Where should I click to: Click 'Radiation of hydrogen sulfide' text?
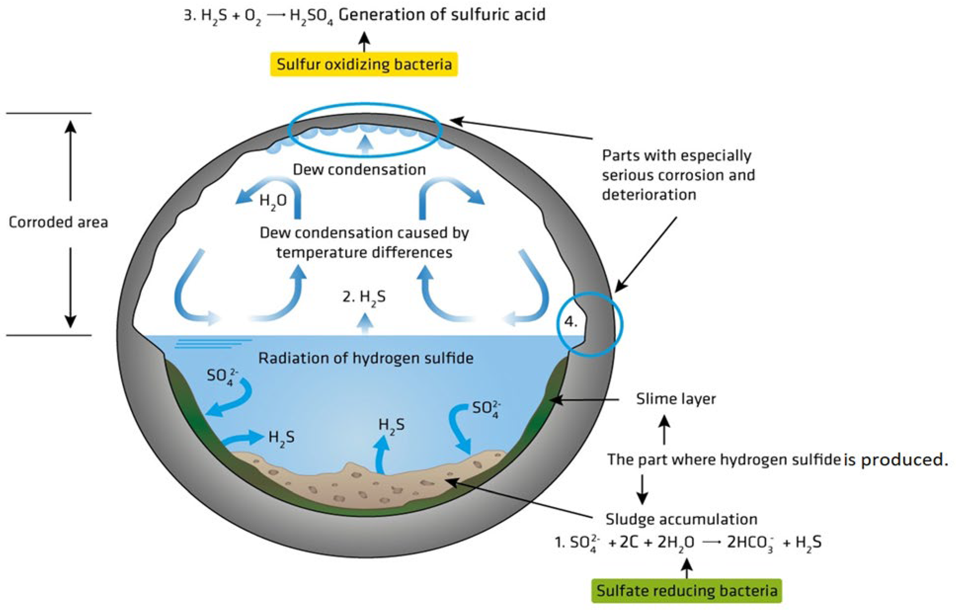pyautogui.click(x=366, y=358)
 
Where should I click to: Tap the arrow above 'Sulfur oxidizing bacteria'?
pyautogui.click(x=364, y=42)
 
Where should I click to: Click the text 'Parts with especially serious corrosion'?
pyautogui.click(x=678, y=165)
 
